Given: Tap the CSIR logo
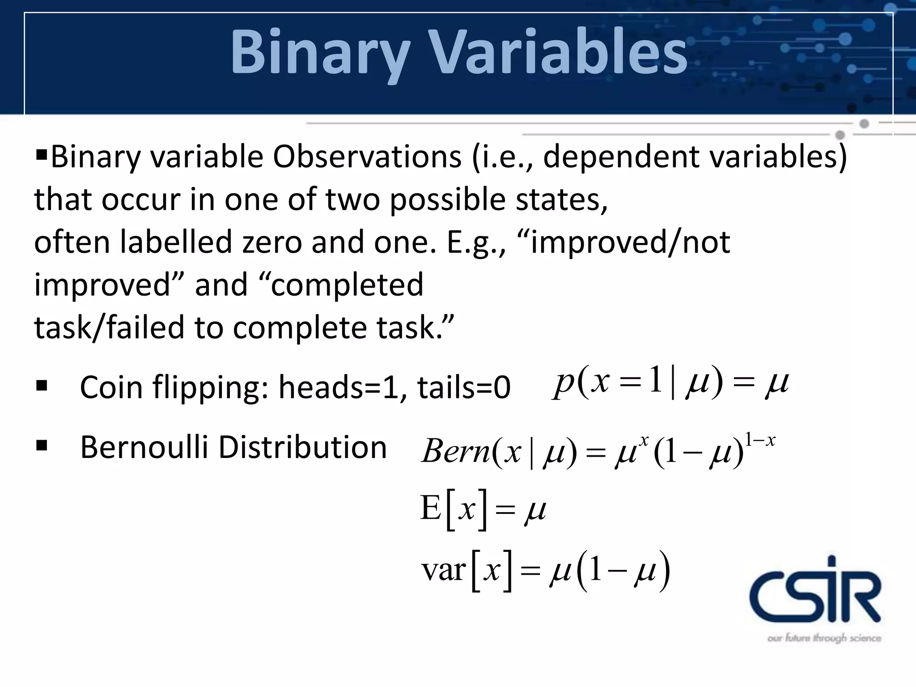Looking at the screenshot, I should click(815, 590).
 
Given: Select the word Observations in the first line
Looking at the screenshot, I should click(367, 157).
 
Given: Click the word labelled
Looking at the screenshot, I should click(177, 242).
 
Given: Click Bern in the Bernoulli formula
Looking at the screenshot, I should click(456, 451).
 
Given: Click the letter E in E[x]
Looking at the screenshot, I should click(431, 509).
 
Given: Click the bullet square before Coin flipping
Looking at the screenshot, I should click(42, 386).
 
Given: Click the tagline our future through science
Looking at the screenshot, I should click(824, 638).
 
